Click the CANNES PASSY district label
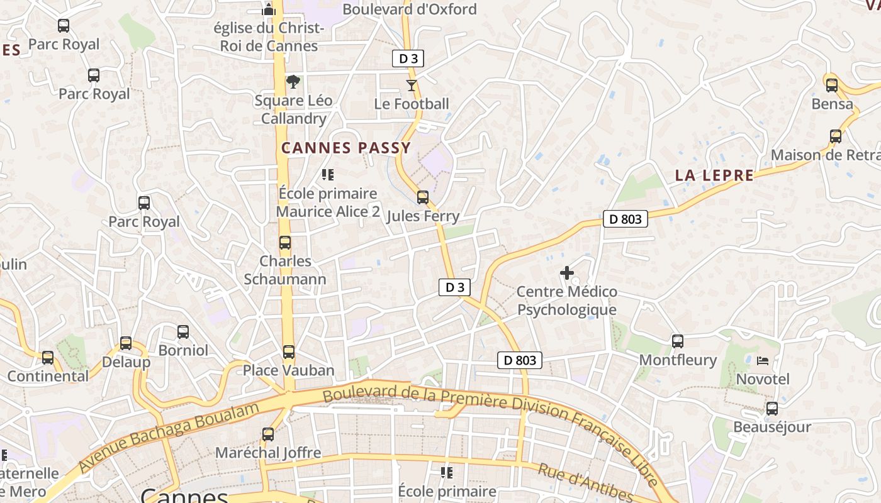pos(345,148)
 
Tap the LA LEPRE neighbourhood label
pos(714,175)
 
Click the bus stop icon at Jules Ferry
pos(423,197)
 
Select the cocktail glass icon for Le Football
pos(412,85)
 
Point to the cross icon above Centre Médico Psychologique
pos(566,273)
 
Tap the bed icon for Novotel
pos(763,361)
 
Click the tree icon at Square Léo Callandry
pos(293,82)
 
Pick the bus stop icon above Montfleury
pos(678,341)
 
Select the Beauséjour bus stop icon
pos(772,409)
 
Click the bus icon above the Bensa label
pos(832,85)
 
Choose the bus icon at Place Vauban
pos(289,352)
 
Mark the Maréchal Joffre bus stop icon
pos(268,434)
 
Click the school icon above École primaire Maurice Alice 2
pos(327,175)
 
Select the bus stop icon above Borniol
pos(183,332)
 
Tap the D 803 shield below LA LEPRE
pos(625,219)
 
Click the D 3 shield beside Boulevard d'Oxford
pos(408,59)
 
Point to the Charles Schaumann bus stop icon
pos(285,243)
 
